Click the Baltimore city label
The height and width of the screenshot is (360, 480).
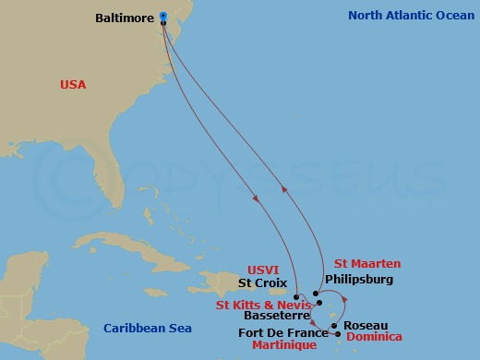[125, 17]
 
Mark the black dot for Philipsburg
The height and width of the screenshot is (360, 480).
[316, 293]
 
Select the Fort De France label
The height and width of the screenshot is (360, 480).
[283, 332]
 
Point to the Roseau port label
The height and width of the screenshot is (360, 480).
[365, 326]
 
